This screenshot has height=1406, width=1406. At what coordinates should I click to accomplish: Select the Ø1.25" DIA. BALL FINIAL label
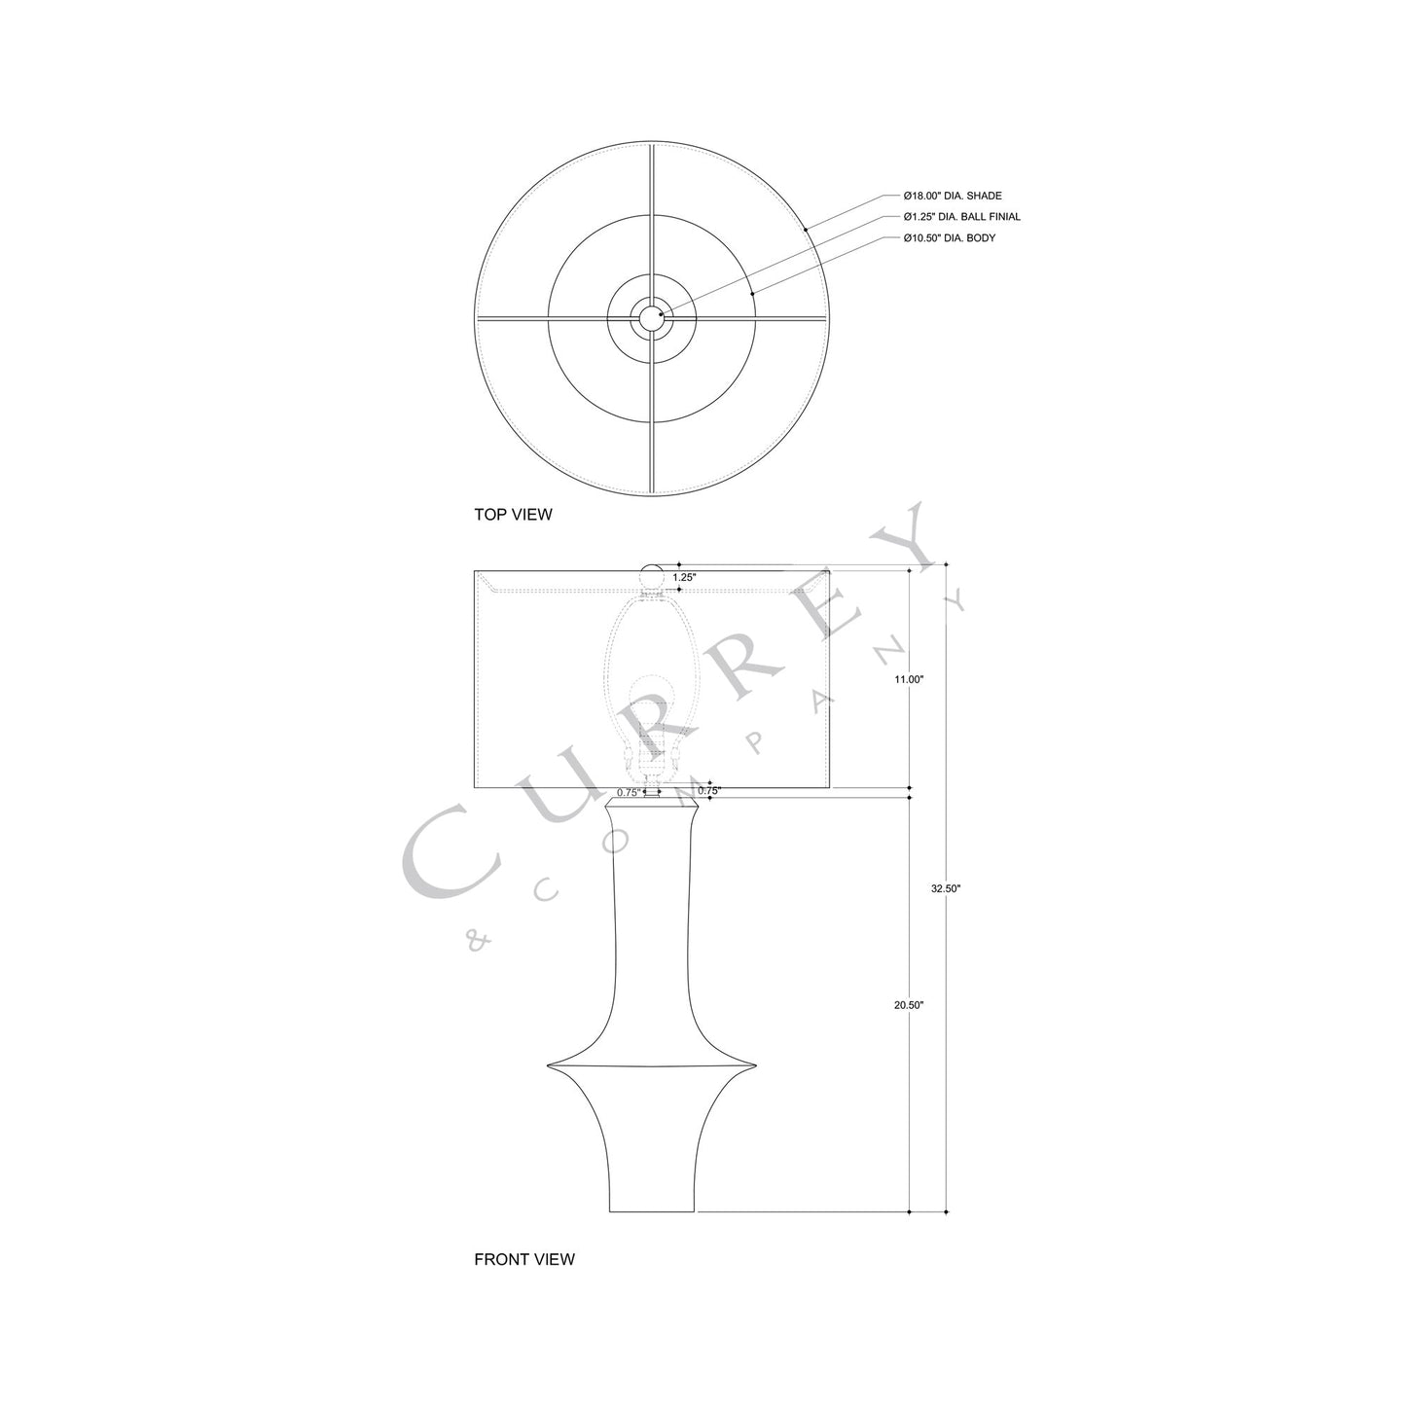tap(961, 217)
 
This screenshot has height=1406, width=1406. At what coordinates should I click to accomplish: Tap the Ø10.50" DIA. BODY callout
tap(948, 238)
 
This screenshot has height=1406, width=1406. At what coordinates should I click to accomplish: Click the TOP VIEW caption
tap(513, 515)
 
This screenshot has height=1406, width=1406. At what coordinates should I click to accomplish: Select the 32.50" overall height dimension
tap(946, 888)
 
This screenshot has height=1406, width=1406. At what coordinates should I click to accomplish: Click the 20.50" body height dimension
tap(909, 1005)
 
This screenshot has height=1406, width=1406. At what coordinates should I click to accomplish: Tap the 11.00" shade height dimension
tap(909, 679)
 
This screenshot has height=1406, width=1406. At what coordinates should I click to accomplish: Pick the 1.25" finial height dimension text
tap(684, 577)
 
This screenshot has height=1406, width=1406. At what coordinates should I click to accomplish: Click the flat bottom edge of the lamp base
tap(652, 1211)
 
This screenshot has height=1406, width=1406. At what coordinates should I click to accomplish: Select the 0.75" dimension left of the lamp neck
tap(629, 792)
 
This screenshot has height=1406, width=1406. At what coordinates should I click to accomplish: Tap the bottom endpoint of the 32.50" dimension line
tap(946, 1212)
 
